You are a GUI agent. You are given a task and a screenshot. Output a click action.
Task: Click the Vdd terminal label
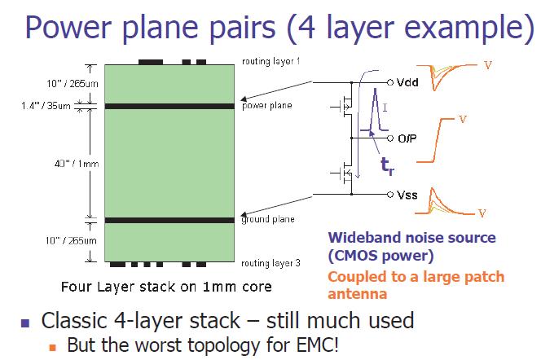(x=407, y=82)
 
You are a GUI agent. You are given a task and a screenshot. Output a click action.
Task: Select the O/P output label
(x=407, y=138)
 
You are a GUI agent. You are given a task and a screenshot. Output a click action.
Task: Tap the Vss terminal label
(x=407, y=195)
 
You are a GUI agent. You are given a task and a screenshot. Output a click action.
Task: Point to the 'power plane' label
(x=267, y=105)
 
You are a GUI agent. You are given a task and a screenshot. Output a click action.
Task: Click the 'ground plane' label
(x=268, y=219)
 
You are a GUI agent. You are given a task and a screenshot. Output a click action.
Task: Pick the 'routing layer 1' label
(x=270, y=61)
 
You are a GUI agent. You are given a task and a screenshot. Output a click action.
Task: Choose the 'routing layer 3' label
(x=270, y=263)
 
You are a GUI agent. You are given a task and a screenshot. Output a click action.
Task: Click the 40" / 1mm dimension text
(x=77, y=164)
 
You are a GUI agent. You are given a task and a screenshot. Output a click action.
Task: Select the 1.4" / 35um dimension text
(x=46, y=106)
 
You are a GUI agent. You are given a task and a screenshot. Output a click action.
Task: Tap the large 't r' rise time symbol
(x=387, y=165)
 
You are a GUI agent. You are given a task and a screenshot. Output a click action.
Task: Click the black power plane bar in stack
(x=169, y=106)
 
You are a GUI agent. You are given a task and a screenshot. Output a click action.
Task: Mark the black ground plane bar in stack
(x=169, y=220)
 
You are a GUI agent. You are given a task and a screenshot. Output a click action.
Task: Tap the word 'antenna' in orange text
(x=357, y=294)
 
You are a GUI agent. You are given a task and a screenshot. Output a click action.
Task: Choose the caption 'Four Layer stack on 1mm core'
(x=166, y=287)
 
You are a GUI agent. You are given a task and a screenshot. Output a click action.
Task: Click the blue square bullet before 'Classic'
(x=25, y=323)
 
